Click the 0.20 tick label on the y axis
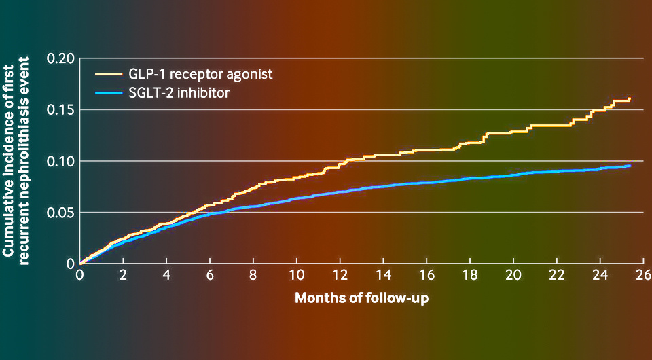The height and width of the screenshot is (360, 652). click(x=60, y=58)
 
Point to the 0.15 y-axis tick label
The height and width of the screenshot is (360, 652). click(x=60, y=110)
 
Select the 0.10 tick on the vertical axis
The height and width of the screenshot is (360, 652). click(x=60, y=161)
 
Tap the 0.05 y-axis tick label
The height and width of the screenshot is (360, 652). click(x=60, y=213)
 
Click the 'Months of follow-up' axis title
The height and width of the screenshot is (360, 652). click(x=361, y=298)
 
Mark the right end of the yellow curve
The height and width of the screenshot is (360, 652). click(x=630, y=99)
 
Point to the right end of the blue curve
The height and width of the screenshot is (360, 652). click(x=630, y=166)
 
